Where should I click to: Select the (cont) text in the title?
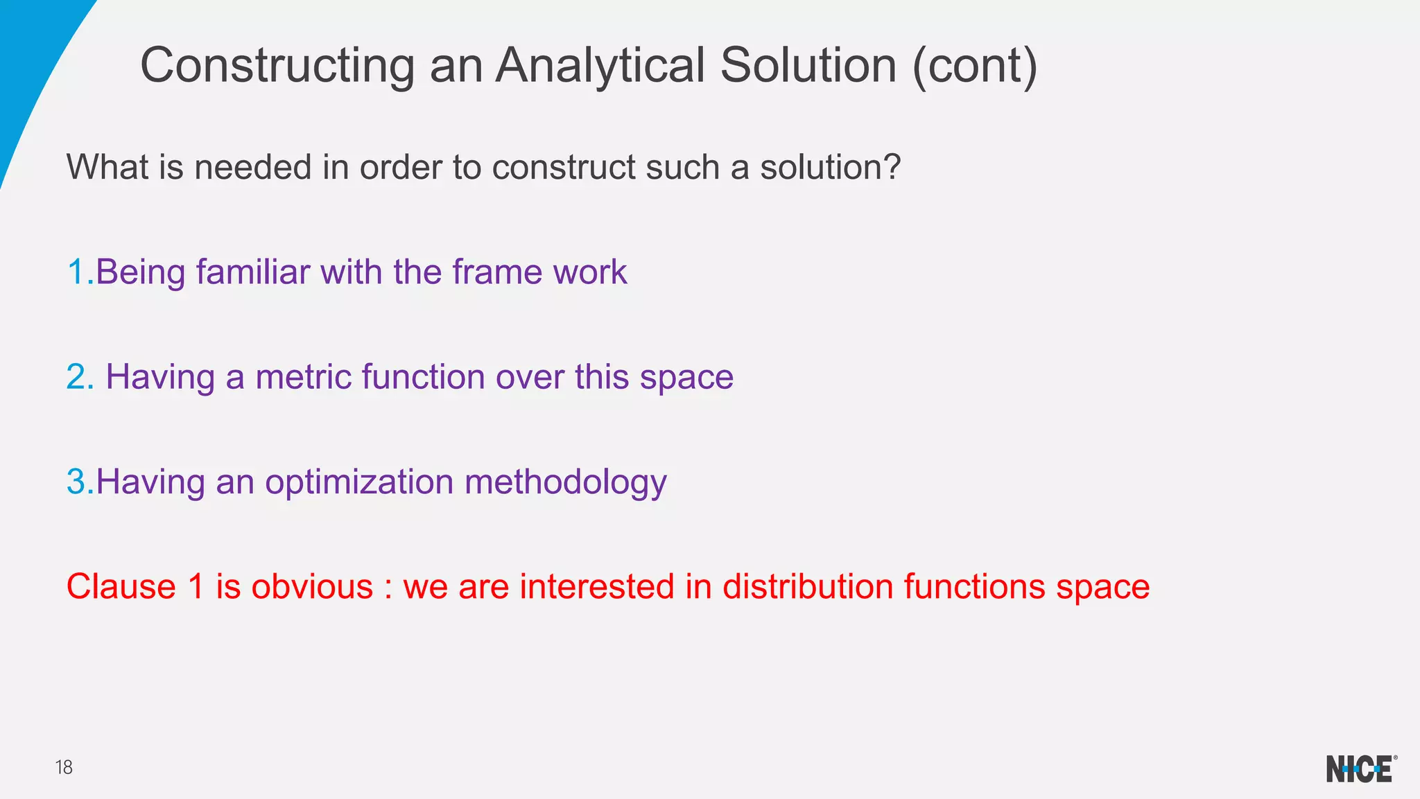point(974,66)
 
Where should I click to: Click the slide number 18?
point(64,767)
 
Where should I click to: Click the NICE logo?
point(1360,769)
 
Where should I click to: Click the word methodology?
point(565,482)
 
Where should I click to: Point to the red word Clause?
point(121,586)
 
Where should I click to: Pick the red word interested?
point(597,586)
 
